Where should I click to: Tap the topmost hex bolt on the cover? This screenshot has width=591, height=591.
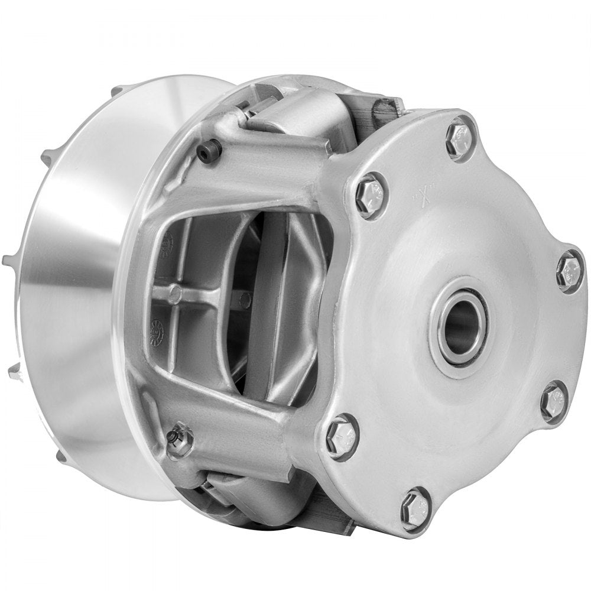pos(460,140)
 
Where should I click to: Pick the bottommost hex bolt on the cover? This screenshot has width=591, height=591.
pos(416,508)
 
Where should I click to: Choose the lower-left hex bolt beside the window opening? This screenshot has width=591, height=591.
pos(342,436)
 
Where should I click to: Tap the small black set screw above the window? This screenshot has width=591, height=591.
pos(209,153)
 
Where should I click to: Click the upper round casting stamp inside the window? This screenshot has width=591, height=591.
pos(166,243)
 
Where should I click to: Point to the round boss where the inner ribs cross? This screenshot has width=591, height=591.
pos(175,291)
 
